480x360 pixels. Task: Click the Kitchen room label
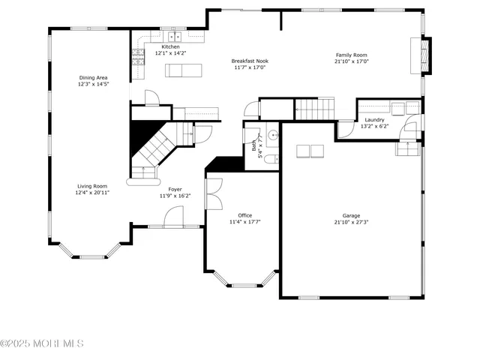click(170, 46)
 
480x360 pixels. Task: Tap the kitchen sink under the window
click(175, 36)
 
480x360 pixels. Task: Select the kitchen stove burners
click(138, 54)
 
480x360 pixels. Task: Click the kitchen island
click(184, 70)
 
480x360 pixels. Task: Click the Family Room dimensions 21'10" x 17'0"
click(351, 62)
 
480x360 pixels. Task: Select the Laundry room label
click(375, 120)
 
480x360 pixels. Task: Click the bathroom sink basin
click(273, 136)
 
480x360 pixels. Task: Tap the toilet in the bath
click(274, 157)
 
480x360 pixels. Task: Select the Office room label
click(245, 214)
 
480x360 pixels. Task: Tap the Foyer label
click(175, 189)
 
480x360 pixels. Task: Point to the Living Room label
click(91, 186)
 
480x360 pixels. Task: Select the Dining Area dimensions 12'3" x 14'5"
click(93, 85)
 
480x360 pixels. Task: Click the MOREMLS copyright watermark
click(42, 343)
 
